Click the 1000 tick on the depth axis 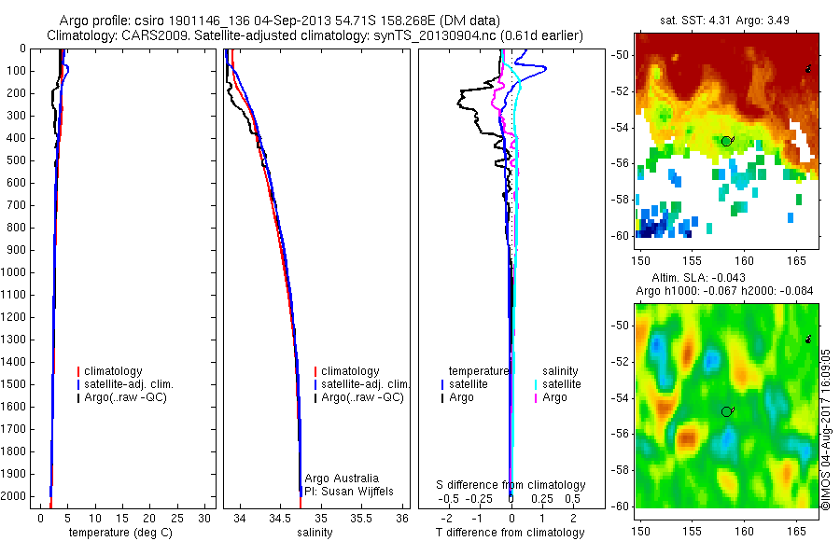point(14,272)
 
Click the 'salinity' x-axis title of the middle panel point(315,533)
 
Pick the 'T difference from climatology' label point(510,533)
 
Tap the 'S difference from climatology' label point(511,485)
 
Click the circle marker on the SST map point(726,141)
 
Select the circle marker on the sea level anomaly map point(726,411)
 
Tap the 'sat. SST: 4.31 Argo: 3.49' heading point(724,19)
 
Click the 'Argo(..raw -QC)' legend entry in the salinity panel point(362,397)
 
